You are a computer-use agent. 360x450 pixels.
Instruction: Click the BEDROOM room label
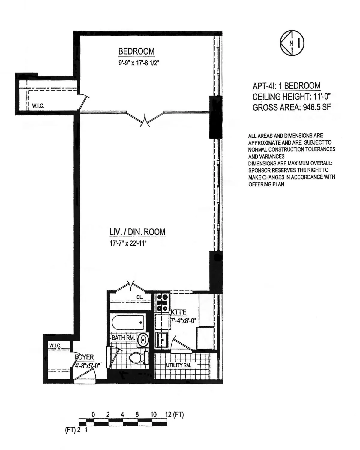[136, 52]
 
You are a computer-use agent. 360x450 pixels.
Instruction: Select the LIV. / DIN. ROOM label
[137, 232]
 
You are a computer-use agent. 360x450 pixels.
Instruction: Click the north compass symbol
[292, 43]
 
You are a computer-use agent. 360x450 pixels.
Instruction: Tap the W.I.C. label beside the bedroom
[38, 106]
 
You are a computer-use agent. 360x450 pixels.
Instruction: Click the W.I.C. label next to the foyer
[55, 346]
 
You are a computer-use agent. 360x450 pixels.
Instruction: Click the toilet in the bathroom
[137, 357]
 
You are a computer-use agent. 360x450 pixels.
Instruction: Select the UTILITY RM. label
[178, 365]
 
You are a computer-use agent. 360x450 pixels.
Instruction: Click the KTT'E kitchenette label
[178, 312]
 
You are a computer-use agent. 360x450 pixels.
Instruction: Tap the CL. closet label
[139, 297]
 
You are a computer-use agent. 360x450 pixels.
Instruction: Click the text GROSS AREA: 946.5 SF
[292, 107]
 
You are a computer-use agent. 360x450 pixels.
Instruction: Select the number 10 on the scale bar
[153, 415]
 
